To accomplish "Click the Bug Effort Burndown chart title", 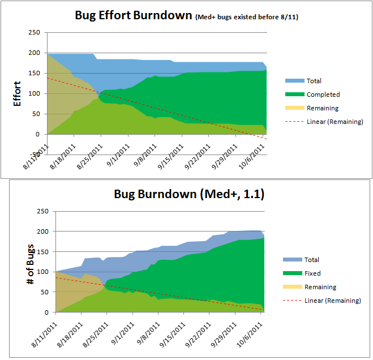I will [x=134, y=15].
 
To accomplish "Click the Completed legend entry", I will [x=323, y=95].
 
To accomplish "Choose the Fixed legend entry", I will [x=313, y=273].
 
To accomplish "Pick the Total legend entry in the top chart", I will [x=314, y=81].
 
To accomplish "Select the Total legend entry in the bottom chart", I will [x=312, y=260].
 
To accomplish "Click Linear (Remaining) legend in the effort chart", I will [x=335, y=122].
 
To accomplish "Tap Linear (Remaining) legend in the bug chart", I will [x=333, y=301].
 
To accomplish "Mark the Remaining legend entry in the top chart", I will [x=323, y=108].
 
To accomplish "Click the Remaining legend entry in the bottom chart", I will [x=320, y=287].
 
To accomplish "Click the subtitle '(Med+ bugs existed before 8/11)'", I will [x=246, y=17].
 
